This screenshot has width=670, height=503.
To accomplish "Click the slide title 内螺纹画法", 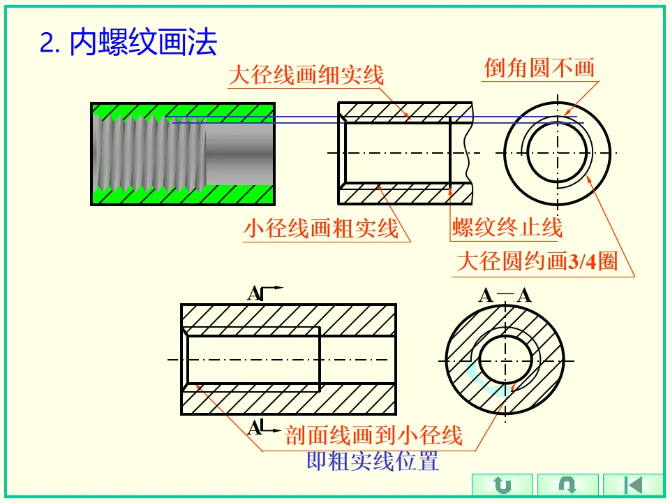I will click(x=144, y=43).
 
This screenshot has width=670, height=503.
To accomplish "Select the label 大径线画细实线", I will click(x=306, y=74).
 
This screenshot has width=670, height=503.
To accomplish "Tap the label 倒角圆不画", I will click(x=539, y=68).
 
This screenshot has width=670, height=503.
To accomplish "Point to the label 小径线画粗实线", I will click(x=321, y=228).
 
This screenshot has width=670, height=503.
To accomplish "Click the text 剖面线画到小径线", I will click(x=374, y=436).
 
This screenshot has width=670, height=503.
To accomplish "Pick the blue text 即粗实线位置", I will click(x=373, y=461).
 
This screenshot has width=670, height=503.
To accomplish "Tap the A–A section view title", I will click(x=505, y=295).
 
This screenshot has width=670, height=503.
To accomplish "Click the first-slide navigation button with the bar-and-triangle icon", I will click(x=633, y=485).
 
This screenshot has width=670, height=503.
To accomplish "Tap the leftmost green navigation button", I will click(x=502, y=485).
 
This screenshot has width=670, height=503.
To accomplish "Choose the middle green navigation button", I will click(x=567, y=485).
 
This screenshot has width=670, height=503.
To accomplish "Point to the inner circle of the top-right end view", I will click(x=558, y=152).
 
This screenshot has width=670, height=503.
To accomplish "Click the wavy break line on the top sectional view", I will click(x=465, y=154).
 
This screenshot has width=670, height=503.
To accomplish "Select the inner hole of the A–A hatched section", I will click(x=502, y=360).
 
